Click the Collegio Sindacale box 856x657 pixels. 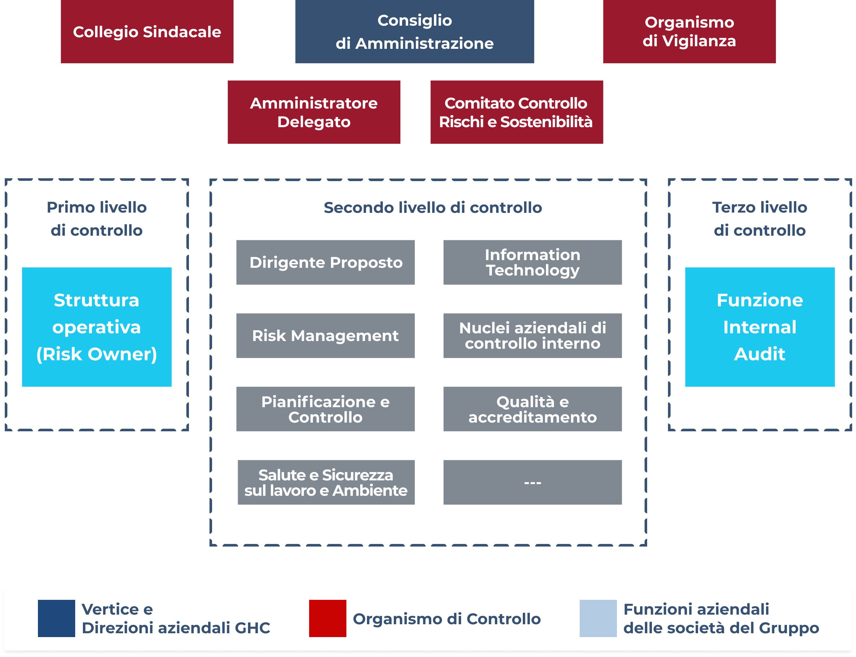[147, 32]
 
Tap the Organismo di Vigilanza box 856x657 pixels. [689, 32]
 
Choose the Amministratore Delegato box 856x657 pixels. [314, 112]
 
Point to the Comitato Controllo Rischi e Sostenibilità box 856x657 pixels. [516, 112]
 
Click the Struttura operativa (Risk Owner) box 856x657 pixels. [97, 327]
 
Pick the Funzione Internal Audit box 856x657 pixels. [759, 327]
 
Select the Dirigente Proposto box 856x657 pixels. [325, 262]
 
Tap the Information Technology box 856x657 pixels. [532, 262]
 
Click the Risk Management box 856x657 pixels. [325, 336]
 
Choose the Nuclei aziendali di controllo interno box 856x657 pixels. [532, 336]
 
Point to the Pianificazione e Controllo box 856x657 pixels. [325, 409]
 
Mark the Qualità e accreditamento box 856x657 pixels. [532, 409]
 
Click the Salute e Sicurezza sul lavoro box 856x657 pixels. [326, 482]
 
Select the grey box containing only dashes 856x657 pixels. [532, 482]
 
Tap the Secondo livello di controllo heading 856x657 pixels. [433, 208]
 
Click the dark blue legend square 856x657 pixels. [56, 618]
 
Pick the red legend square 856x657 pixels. [327, 618]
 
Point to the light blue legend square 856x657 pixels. [598, 618]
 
